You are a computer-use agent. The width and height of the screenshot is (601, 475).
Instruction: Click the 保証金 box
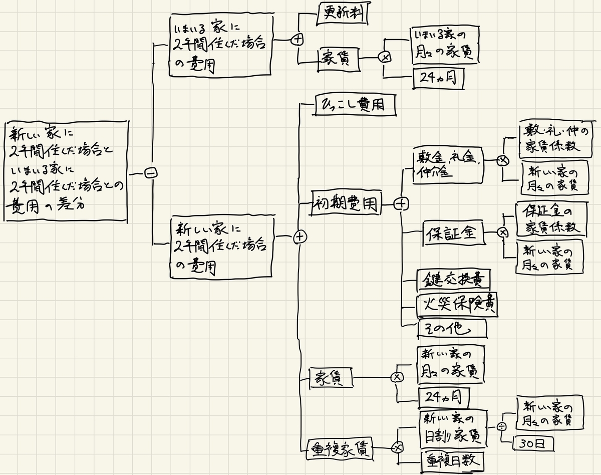(x=454, y=233)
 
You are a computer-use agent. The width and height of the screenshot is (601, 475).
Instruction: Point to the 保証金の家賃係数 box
(x=550, y=218)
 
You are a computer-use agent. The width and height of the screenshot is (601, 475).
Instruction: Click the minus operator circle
(x=150, y=173)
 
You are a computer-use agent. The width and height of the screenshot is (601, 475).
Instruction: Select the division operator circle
(x=502, y=426)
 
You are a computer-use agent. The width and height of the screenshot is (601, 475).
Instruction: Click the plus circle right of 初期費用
(x=401, y=204)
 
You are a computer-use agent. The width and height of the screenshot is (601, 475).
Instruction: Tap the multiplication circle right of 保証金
(x=502, y=232)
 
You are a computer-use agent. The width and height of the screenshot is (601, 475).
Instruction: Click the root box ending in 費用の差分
(x=65, y=170)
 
